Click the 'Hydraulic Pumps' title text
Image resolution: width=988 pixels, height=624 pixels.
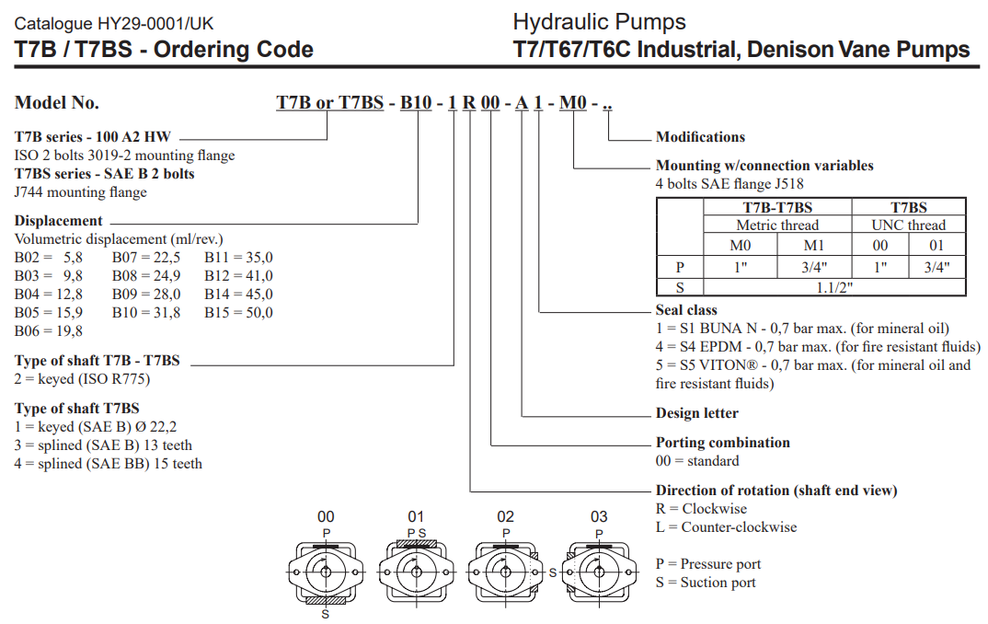click(599, 21)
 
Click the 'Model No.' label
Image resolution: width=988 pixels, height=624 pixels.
click(57, 102)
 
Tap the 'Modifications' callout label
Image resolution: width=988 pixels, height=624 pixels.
click(700, 137)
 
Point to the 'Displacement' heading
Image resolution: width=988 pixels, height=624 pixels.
click(59, 221)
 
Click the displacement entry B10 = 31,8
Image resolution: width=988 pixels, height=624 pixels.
click(146, 313)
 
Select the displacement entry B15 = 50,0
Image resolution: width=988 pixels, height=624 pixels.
click(238, 313)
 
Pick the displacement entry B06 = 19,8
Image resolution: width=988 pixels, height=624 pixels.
click(49, 331)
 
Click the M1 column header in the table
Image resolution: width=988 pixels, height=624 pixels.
click(814, 246)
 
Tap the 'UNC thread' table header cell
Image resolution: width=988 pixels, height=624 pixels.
click(909, 225)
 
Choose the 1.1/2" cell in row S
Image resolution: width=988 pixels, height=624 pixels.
click(833, 287)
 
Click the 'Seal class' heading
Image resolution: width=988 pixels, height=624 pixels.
click(686, 310)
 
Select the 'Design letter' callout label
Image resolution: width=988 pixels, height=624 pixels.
click(696, 413)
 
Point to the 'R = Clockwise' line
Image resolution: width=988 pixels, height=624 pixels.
click(701, 509)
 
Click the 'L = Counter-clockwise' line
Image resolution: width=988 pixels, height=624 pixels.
click(726, 527)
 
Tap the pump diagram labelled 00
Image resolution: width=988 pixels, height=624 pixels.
click(326, 571)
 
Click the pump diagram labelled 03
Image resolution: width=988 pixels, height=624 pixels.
click(599, 571)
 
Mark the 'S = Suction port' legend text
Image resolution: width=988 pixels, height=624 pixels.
click(706, 583)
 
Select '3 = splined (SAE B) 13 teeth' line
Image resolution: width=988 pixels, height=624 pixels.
click(104, 445)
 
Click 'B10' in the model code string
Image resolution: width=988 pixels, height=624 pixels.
click(415, 102)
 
